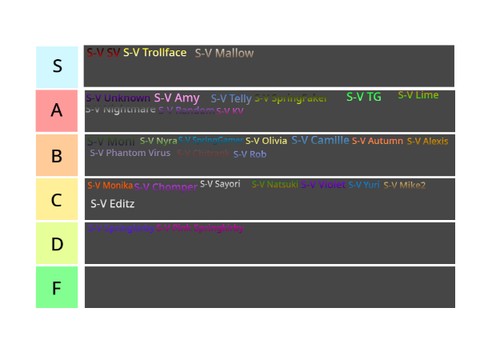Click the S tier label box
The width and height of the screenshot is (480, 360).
(x=57, y=67)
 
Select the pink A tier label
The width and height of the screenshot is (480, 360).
(x=57, y=111)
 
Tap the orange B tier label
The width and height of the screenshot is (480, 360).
(x=57, y=156)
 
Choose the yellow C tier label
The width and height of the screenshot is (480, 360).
(x=57, y=200)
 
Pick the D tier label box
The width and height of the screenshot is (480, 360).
(x=57, y=244)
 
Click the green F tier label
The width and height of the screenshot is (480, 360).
(x=57, y=288)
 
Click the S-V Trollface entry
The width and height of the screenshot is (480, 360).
(x=155, y=53)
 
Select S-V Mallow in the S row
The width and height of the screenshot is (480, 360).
(x=224, y=53)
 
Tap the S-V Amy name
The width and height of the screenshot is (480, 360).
(x=177, y=98)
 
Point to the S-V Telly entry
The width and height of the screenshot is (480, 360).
(x=231, y=99)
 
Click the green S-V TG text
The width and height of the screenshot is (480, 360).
(x=363, y=97)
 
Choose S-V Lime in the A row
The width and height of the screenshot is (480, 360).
(x=418, y=96)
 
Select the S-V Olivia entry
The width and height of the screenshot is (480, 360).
(x=266, y=141)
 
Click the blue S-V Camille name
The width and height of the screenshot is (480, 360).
(x=320, y=140)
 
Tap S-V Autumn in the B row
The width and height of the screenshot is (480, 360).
(x=377, y=141)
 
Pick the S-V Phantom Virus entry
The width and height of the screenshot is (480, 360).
(x=130, y=153)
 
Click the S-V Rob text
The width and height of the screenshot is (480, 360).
(x=250, y=154)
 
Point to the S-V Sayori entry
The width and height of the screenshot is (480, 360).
(x=220, y=184)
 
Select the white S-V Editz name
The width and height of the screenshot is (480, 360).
(x=112, y=204)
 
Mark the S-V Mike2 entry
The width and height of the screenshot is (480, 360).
(x=404, y=185)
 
